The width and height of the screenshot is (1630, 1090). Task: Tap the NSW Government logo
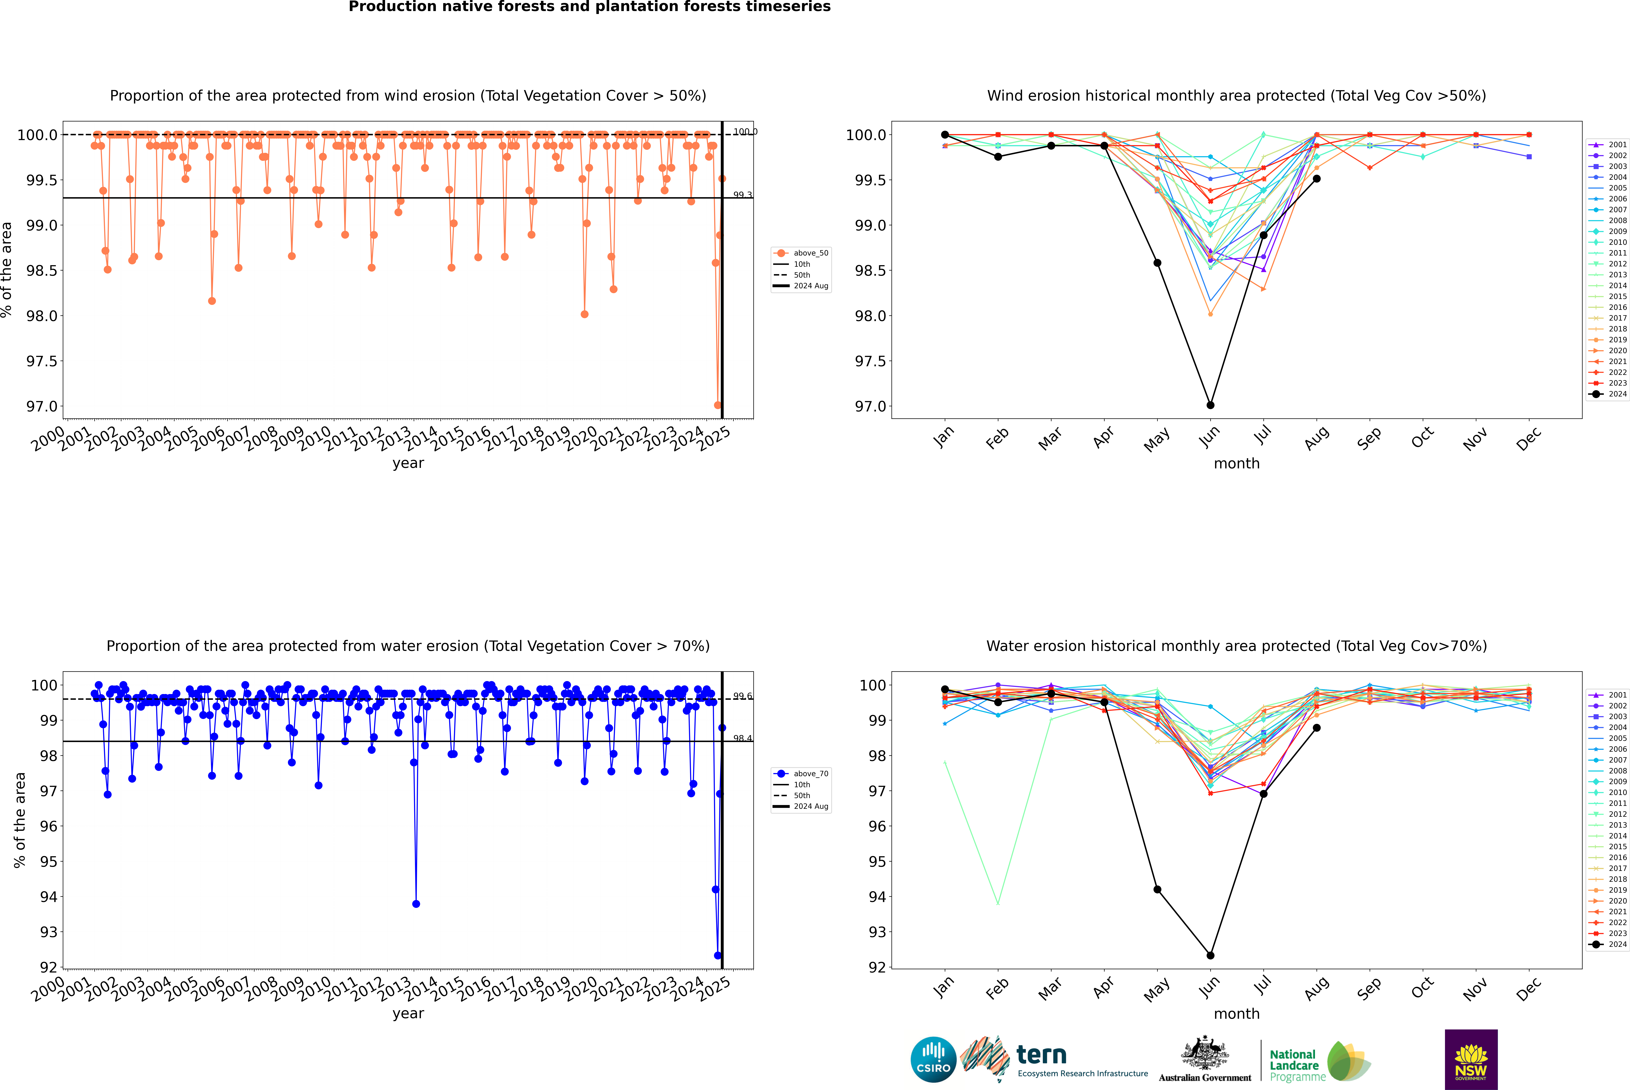pos(1471,1059)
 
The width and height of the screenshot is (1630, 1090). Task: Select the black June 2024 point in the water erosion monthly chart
pos(1210,955)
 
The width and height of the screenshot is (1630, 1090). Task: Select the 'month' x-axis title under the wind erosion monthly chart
pos(1236,464)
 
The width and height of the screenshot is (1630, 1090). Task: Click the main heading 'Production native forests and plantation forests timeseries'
pos(589,7)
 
